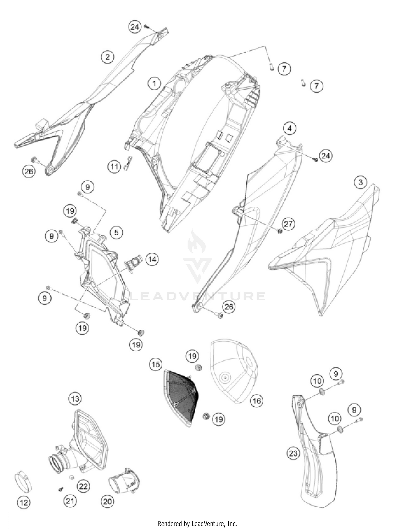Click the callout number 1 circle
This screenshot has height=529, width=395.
pyautogui.click(x=154, y=84)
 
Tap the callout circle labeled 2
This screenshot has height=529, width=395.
pyautogui.click(x=107, y=57)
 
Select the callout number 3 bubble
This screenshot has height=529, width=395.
pyautogui.click(x=361, y=182)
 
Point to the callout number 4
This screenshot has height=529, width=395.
pyautogui.click(x=290, y=129)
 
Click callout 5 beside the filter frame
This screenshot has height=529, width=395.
pyautogui.click(x=116, y=232)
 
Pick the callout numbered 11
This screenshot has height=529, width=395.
pyautogui.click(x=114, y=167)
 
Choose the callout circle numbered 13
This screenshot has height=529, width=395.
pyautogui.click(x=75, y=399)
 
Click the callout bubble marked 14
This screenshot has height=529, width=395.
pyautogui.click(x=152, y=259)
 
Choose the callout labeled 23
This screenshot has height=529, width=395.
pyautogui.click(x=293, y=453)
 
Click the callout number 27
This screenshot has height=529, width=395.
pyautogui.click(x=288, y=224)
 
